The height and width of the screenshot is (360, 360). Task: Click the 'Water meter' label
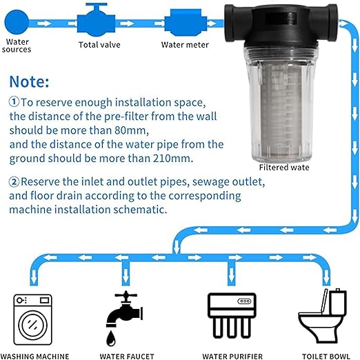[185, 46]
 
